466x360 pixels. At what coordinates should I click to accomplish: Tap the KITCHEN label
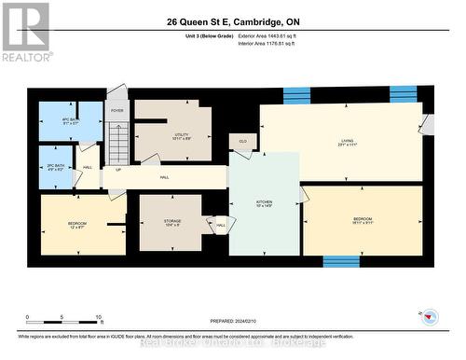pos(265,202)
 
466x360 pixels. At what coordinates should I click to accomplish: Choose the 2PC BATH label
pos(55,166)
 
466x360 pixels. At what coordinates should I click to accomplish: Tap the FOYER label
pos(116,111)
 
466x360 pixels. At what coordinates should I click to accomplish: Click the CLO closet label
pos(242,143)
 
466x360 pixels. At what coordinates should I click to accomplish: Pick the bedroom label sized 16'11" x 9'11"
pos(363,222)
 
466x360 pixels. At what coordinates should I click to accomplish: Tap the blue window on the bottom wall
pos(341,261)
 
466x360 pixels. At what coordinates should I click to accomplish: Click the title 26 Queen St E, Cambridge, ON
pos(233,21)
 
